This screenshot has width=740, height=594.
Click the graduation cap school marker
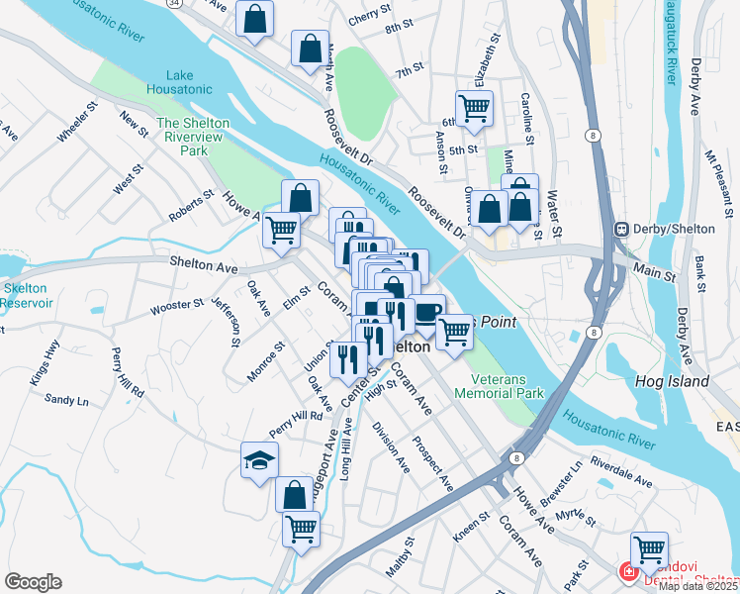tap(259, 461)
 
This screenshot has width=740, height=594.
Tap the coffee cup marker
tap(427, 313)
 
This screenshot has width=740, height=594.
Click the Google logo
tap(33, 581)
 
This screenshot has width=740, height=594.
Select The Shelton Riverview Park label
tap(193, 137)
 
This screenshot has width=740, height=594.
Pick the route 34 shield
tap(175, 4)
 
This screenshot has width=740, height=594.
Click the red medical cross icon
tap(626, 570)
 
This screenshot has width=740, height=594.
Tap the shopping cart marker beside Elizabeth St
tap(474, 109)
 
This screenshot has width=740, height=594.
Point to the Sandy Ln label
tap(66, 400)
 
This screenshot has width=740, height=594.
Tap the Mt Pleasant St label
tap(716, 179)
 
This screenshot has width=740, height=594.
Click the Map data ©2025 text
tap(698, 586)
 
